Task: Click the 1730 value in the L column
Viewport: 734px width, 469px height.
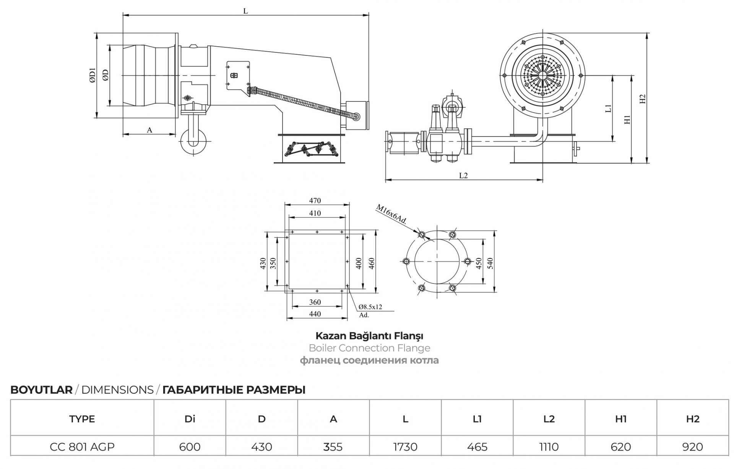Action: click(405, 446)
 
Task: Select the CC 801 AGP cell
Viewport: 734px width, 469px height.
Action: click(82, 446)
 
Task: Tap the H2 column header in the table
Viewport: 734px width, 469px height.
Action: click(693, 419)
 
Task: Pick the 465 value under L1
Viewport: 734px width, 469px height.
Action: click(477, 446)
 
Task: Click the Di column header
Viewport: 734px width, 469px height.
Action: click(190, 419)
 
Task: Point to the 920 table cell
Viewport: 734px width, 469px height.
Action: click(693, 446)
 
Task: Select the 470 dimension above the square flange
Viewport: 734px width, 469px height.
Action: click(315, 200)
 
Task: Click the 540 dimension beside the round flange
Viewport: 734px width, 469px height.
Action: click(490, 263)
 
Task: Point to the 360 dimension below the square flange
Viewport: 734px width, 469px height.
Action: click(315, 302)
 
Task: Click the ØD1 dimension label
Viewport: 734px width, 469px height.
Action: click(92, 75)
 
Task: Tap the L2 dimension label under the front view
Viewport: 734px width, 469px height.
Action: click(463, 176)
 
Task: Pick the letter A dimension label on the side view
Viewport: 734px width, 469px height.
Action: click(149, 130)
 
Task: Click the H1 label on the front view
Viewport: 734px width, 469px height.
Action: click(627, 119)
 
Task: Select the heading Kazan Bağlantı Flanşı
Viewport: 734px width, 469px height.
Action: click(369, 336)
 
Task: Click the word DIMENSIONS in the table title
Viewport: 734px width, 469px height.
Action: click(117, 390)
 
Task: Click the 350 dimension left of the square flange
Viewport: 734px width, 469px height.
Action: click(273, 263)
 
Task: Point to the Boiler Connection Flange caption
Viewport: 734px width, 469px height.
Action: click(369, 348)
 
